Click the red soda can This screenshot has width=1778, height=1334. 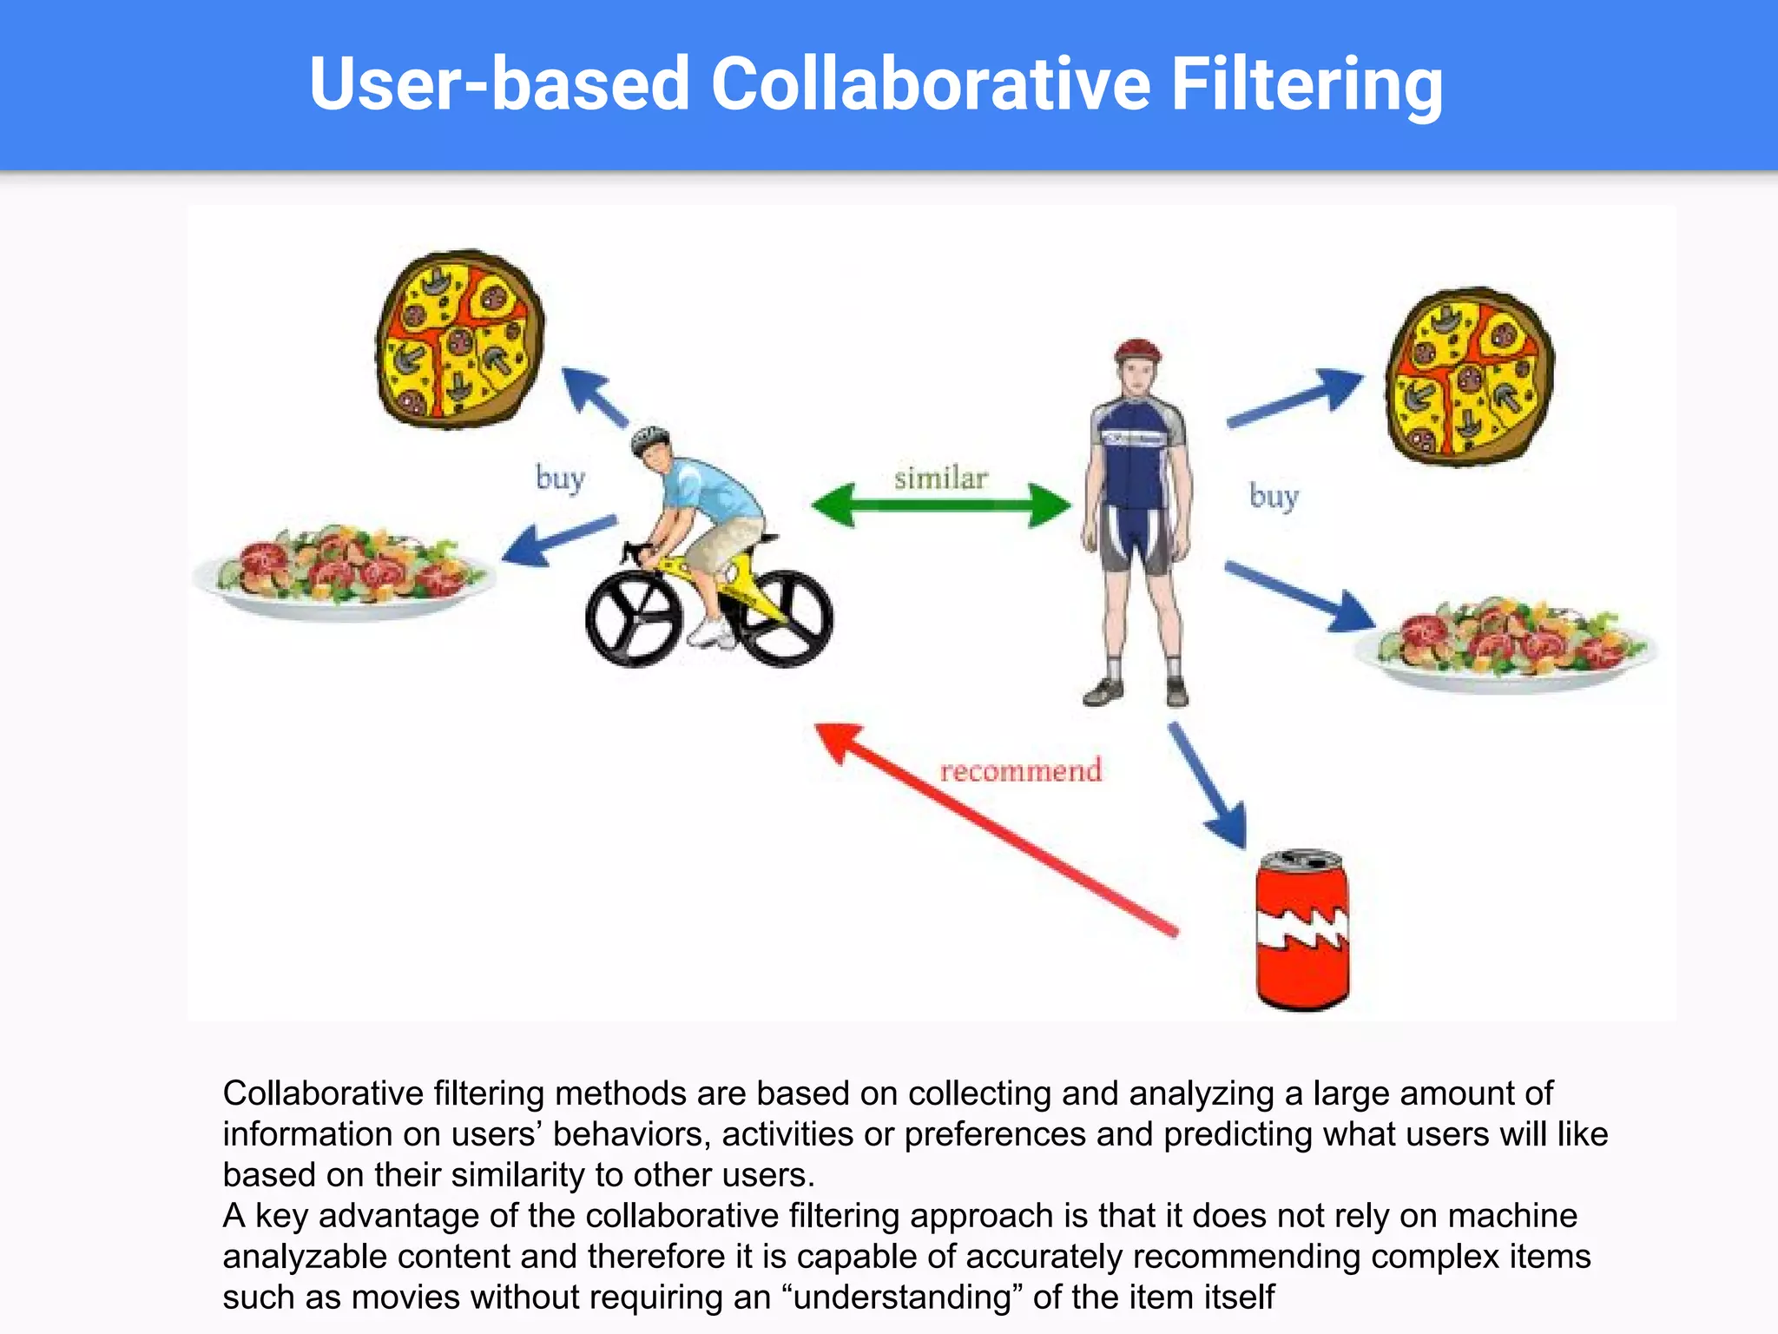click(x=1302, y=931)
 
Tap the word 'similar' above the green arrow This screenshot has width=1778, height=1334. click(x=941, y=479)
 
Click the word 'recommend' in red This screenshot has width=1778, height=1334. click(x=1020, y=770)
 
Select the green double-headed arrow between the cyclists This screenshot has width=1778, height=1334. click(x=941, y=505)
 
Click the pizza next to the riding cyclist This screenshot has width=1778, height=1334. click(x=459, y=339)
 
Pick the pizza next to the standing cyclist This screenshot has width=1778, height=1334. click(x=1470, y=376)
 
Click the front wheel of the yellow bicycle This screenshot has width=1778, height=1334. click(x=633, y=617)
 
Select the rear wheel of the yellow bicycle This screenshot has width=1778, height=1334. click(x=787, y=617)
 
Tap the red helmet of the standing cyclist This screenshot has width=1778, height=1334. click(x=1137, y=350)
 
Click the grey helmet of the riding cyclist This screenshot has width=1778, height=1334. click(x=649, y=438)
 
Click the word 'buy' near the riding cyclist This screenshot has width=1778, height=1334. click(x=560, y=479)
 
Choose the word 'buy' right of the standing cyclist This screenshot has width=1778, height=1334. click(x=1274, y=497)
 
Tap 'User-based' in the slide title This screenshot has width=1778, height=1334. click(x=499, y=84)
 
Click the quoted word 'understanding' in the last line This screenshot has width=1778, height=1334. click(x=903, y=1297)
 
